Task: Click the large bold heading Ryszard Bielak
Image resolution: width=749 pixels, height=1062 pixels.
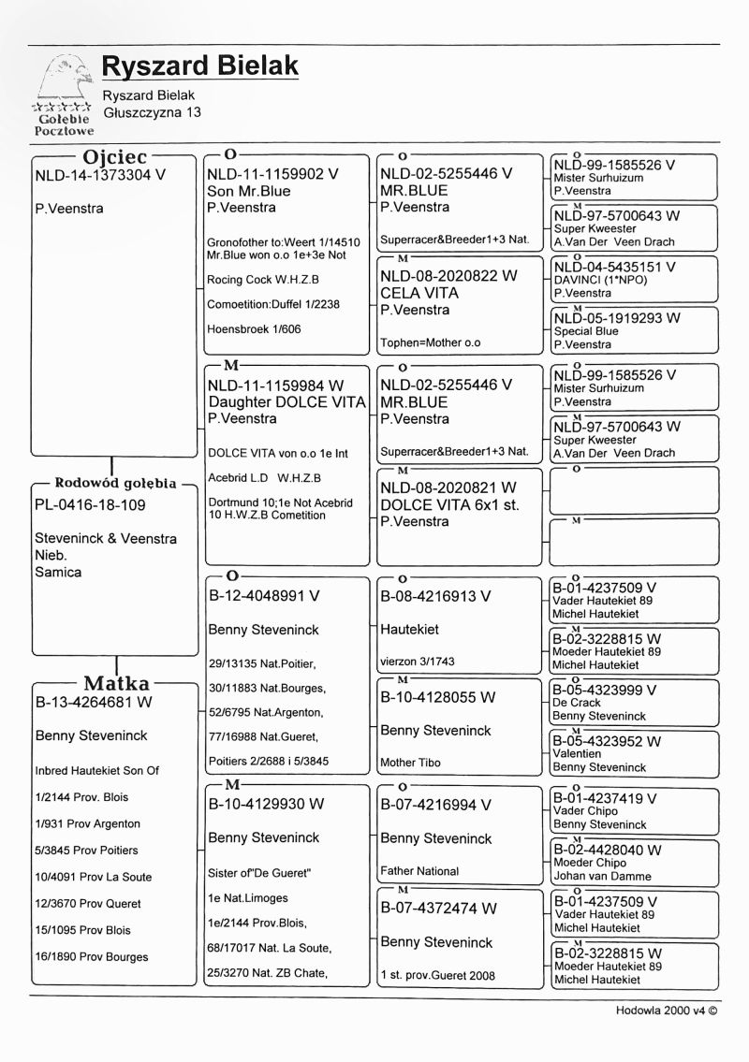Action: tap(200, 66)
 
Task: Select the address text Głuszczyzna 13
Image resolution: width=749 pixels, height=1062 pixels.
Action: tap(152, 112)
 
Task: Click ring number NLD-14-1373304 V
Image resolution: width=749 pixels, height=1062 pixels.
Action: tap(100, 174)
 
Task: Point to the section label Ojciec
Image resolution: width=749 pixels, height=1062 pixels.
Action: tap(115, 156)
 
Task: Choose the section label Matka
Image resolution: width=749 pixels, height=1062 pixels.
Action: tap(116, 683)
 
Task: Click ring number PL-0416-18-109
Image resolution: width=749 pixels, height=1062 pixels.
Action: tap(90, 505)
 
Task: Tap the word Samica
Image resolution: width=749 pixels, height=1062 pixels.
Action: tap(58, 572)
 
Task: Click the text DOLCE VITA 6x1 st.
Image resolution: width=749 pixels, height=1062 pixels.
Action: tap(449, 505)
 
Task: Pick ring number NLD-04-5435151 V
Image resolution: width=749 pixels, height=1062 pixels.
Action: tap(615, 267)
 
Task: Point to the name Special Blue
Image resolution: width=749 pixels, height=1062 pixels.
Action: tap(586, 331)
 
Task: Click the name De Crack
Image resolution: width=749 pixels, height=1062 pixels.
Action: tap(577, 703)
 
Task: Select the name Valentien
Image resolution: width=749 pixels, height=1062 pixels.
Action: tap(579, 754)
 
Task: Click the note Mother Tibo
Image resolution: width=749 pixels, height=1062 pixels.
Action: tap(411, 763)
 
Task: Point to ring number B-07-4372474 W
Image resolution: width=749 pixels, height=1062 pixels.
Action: tap(438, 909)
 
